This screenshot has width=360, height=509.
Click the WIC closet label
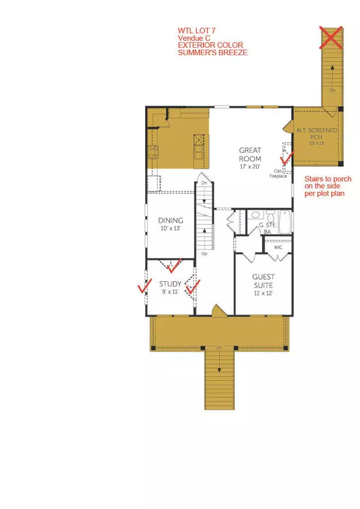[x=278, y=247]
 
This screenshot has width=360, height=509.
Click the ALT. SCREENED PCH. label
[x=317, y=133]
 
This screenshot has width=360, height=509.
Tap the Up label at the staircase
[x=204, y=254]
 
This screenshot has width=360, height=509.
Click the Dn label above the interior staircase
[x=204, y=182]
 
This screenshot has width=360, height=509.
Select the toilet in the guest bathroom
[x=270, y=215]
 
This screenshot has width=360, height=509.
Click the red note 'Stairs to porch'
[x=323, y=181]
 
